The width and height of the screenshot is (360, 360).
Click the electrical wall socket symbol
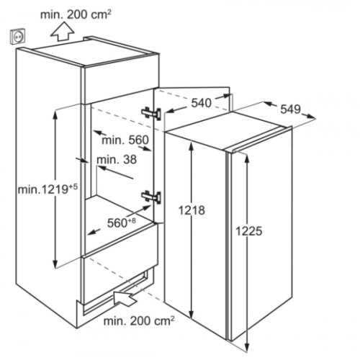coord(18,37)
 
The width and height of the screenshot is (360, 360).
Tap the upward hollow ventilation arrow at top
coord(63,31)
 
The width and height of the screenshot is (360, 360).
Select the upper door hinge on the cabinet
coord(151,113)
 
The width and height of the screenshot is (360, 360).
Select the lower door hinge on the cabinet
coord(151,197)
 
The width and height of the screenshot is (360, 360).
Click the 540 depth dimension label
coord(202,104)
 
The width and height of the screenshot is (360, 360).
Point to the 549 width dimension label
coord(291,109)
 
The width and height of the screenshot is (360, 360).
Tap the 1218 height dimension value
coord(192,210)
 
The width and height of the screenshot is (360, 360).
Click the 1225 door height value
coord(249,232)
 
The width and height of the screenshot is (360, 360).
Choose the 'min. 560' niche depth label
coord(125,140)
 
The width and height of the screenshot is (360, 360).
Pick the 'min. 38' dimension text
coord(117,159)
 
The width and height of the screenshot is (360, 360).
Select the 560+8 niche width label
coord(122,222)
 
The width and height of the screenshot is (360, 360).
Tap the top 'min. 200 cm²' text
coord(76,14)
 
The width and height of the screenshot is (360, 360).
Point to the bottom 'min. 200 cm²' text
coord(139,320)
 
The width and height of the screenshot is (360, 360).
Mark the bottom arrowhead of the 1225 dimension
coord(246,348)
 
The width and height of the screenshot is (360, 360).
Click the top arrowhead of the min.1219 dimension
coord(55,114)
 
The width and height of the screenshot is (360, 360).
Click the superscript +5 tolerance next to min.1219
coord(73,186)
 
